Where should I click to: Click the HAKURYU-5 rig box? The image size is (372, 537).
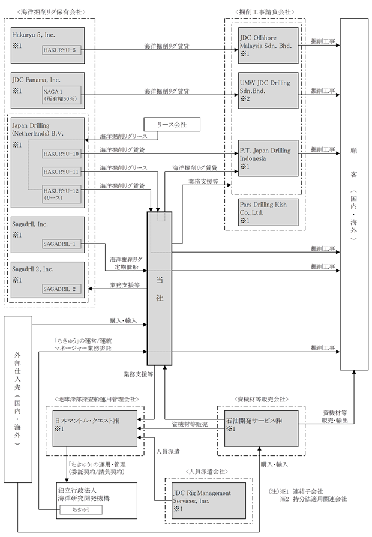click(62, 50)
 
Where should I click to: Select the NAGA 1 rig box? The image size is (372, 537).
click(62, 95)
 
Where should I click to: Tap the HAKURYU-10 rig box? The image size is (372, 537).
click(62, 154)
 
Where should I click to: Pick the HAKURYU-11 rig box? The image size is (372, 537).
click(62, 172)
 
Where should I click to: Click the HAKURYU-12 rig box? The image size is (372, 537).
click(62, 194)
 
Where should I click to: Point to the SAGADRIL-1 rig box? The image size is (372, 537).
click(62, 244)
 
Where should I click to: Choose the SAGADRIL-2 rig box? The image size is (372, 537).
click(62, 289)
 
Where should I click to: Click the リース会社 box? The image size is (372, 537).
click(172, 125)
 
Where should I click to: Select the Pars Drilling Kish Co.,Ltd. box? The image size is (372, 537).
click(268, 212)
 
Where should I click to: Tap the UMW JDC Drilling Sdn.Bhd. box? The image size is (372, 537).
click(268, 91)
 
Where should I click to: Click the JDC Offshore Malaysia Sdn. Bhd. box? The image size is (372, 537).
click(268, 46)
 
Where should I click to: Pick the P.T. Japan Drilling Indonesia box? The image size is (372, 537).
click(268, 158)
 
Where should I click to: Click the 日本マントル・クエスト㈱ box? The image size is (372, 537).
click(95, 428)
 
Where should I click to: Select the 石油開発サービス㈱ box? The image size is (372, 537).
click(262, 428)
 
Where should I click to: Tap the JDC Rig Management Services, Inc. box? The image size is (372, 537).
click(209, 500)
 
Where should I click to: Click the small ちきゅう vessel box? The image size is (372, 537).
click(81, 509)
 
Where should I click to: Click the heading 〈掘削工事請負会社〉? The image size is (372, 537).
click(265, 11)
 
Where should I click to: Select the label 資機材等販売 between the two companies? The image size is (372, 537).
click(190, 424)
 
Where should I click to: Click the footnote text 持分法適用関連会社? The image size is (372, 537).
click(320, 499)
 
